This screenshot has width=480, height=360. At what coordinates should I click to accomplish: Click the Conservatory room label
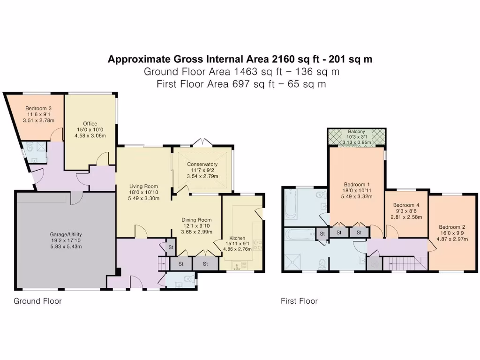[x=202, y=164]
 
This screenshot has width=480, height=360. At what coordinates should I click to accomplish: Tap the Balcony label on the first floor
[x=356, y=132]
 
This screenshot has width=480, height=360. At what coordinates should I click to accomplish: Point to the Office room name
[x=90, y=124]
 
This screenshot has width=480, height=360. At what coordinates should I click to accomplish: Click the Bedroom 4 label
[x=406, y=205]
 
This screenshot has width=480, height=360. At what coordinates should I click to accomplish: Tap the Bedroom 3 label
[x=38, y=108]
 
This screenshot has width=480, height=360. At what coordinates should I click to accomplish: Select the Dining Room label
[x=196, y=220]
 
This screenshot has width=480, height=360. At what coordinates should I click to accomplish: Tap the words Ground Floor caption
[x=37, y=301]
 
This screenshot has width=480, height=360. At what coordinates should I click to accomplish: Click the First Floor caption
[x=299, y=301]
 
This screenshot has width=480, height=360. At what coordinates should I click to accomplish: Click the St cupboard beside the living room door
[x=170, y=247]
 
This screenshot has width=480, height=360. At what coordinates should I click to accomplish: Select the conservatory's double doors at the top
[x=202, y=142]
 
